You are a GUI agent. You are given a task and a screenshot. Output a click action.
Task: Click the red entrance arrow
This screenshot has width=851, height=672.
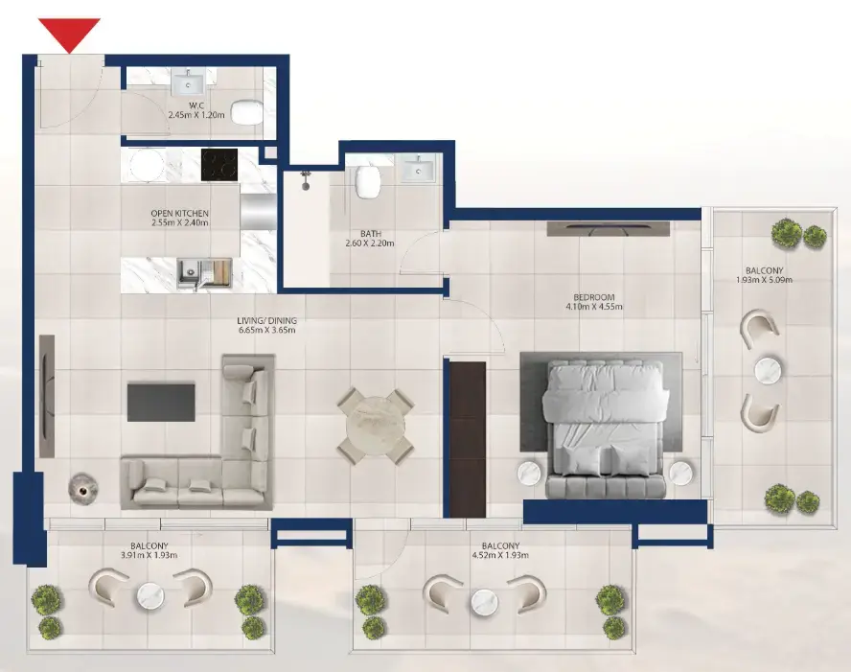69,34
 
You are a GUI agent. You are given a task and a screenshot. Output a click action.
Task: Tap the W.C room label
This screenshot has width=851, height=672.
196,105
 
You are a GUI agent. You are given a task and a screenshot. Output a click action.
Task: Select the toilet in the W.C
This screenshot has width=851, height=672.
247,112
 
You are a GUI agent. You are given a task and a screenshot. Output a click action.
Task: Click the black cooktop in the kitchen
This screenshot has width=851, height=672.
219,165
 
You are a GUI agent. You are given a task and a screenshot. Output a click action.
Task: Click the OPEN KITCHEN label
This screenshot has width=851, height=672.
179,214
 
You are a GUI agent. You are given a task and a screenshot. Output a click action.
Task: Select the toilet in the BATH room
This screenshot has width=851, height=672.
367,181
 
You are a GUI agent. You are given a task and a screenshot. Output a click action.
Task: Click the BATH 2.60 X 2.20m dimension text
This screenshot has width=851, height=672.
370,243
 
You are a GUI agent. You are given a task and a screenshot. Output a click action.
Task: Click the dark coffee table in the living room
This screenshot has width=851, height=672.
161,403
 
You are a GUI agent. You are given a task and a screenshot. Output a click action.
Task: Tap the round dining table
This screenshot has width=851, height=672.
376,426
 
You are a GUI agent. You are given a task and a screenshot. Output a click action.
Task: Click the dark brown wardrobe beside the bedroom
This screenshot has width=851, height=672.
468,440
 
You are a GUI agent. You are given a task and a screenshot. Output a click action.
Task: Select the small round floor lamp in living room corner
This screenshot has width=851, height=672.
82,490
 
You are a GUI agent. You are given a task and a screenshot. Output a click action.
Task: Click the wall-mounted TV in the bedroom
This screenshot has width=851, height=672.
608,229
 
